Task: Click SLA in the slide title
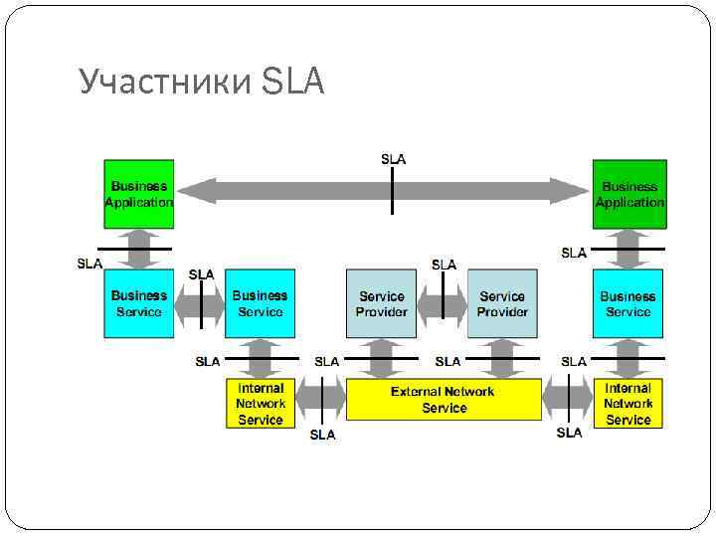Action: (x=294, y=84)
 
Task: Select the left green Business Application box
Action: (x=139, y=194)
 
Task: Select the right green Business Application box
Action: (x=629, y=194)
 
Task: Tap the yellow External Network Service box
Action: (x=443, y=400)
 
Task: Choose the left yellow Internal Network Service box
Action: (x=261, y=404)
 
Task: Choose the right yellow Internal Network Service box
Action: (x=628, y=404)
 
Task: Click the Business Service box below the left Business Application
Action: (x=139, y=303)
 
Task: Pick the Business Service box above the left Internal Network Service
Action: (x=261, y=303)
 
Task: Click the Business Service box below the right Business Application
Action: (x=628, y=303)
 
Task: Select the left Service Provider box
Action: (x=381, y=303)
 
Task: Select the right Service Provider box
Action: (x=502, y=303)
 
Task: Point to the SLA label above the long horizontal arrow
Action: (x=393, y=159)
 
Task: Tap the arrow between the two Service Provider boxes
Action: (x=442, y=302)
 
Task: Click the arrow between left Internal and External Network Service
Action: (x=320, y=401)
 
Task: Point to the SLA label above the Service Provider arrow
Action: (x=444, y=265)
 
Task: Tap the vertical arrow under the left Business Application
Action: (x=139, y=249)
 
